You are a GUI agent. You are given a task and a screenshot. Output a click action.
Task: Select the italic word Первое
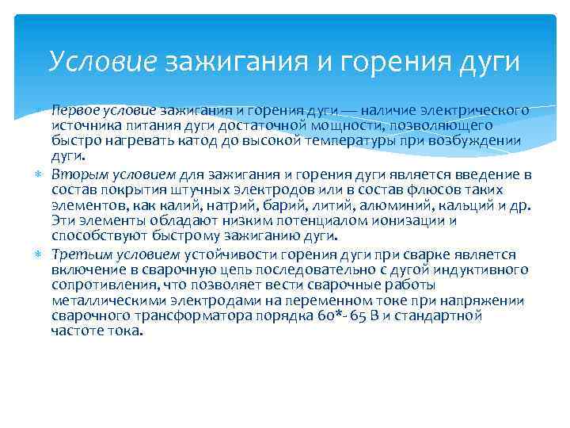coord(74,110)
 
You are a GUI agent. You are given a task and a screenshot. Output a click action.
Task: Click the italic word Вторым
coord(74,174)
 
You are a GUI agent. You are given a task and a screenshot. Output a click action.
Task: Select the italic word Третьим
coord(78,254)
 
